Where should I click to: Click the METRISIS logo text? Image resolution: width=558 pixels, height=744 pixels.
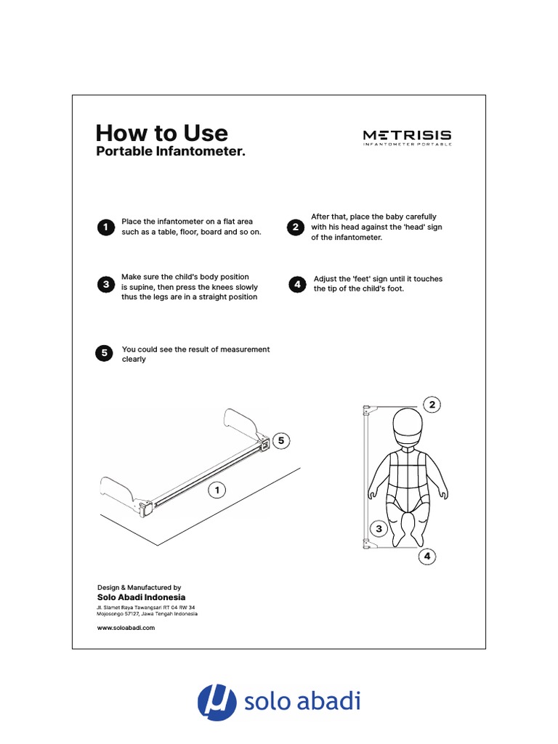[x=407, y=135]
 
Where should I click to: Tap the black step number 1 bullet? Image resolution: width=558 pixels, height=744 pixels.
[x=105, y=227]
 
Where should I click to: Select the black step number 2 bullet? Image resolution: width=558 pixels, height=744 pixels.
[x=296, y=227]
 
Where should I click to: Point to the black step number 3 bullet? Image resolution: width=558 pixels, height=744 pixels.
[x=105, y=284]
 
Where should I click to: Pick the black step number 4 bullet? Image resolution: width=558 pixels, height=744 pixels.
[x=296, y=284]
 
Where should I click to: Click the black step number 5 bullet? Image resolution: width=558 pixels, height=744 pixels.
[x=105, y=354]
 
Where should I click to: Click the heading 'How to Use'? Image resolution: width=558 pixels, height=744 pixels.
[x=161, y=133]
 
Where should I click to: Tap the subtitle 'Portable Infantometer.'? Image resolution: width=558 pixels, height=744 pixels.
[x=171, y=153]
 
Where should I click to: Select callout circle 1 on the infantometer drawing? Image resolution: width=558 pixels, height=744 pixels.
[x=216, y=491]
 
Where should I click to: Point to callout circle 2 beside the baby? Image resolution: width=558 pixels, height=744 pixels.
[x=432, y=404]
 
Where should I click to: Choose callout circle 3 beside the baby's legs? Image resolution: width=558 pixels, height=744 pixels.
[x=378, y=528]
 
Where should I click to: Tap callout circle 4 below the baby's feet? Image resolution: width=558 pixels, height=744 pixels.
[x=427, y=557]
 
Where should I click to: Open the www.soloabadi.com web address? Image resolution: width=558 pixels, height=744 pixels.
[x=126, y=628]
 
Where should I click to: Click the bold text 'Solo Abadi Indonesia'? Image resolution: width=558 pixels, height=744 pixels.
[x=142, y=597]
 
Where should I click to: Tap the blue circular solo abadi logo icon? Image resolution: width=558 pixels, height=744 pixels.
[x=217, y=702]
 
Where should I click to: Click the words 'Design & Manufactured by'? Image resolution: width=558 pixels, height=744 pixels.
[x=139, y=587]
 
